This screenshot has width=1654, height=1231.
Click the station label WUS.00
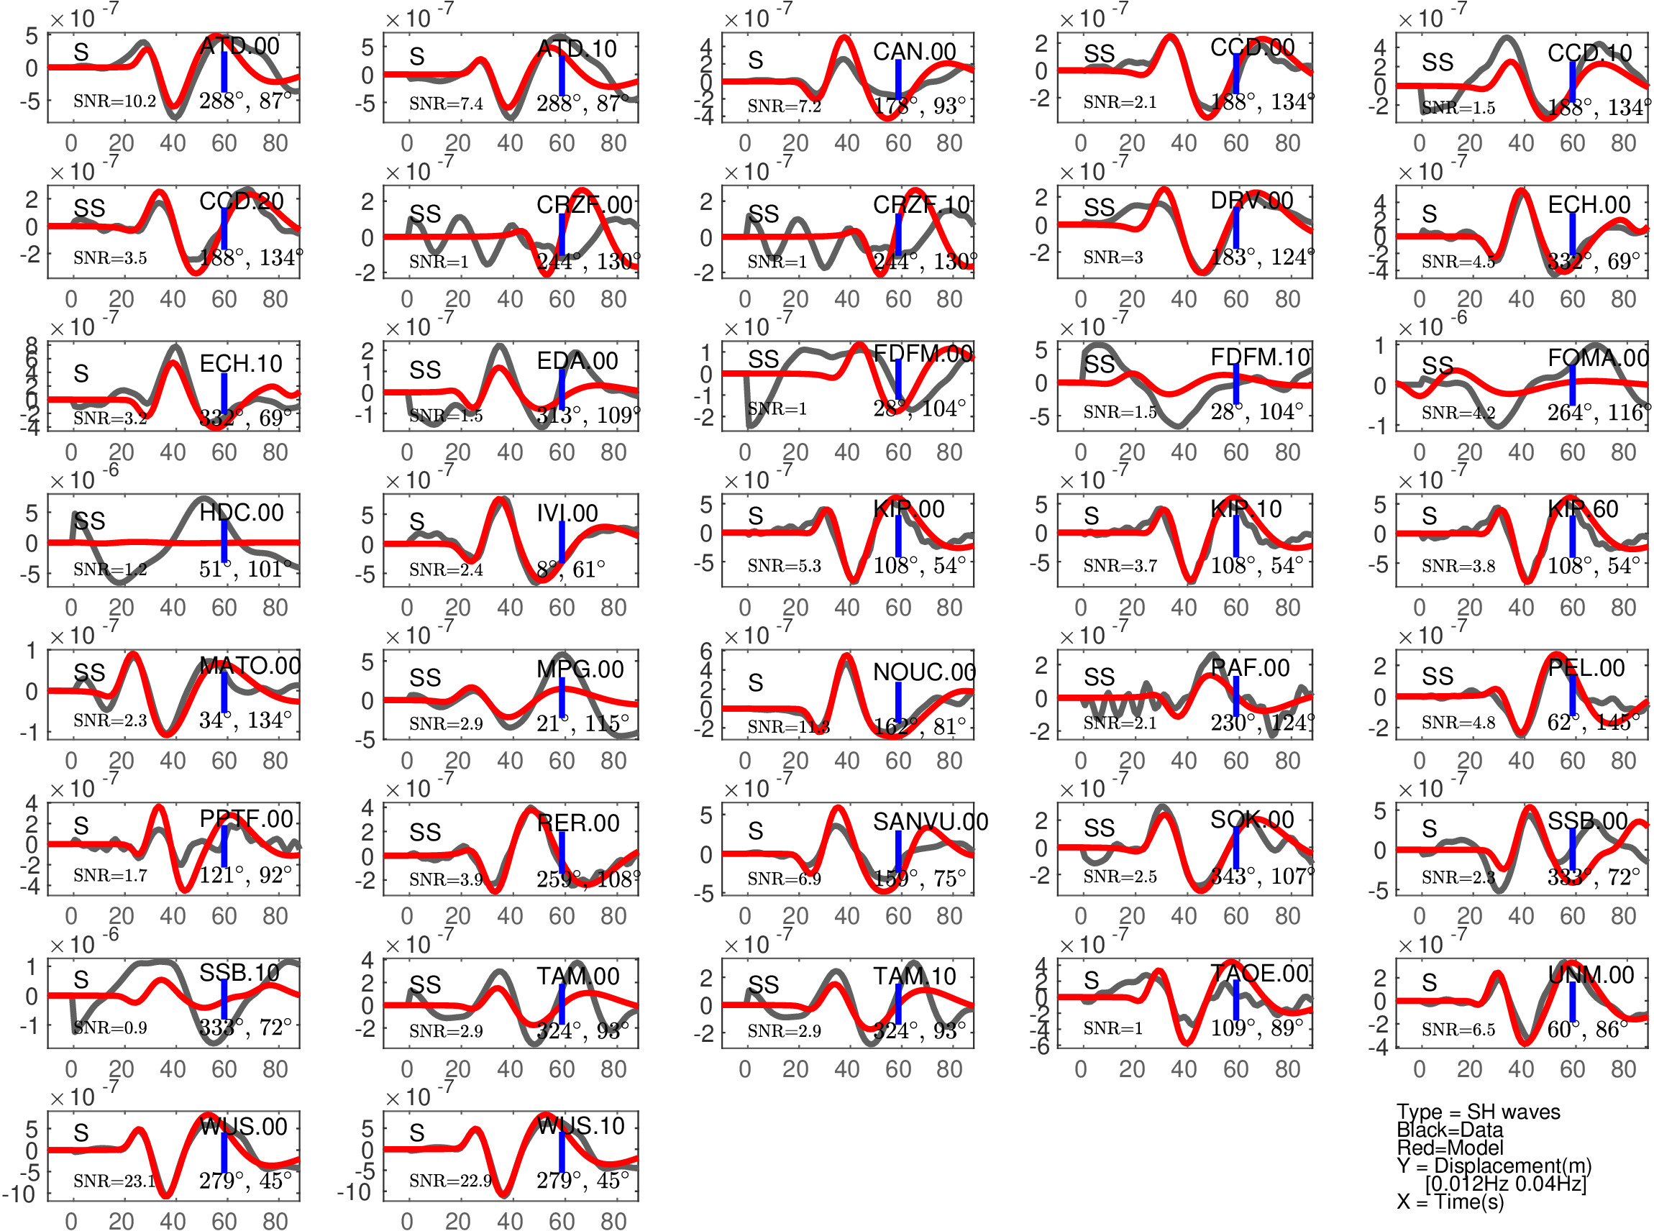tap(243, 1126)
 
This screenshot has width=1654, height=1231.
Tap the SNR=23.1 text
tap(114, 1181)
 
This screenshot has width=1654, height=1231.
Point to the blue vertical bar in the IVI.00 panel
tap(562, 541)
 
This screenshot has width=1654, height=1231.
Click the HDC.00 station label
tap(242, 513)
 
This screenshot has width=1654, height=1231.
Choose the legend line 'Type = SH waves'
tap(1478, 1112)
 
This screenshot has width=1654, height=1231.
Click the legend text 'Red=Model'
tap(1450, 1148)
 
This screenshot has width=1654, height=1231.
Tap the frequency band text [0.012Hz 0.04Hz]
tap(1506, 1184)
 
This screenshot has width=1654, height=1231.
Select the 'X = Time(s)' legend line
tap(1450, 1202)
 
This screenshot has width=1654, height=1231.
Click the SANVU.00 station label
tap(930, 822)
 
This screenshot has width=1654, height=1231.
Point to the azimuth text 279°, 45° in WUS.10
tap(582, 1181)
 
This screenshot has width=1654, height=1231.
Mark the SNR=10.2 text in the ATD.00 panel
tap(114, 101)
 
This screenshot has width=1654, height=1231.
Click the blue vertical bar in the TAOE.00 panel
tap(1236, 999)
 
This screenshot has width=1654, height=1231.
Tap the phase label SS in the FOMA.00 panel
tap(1438, 366)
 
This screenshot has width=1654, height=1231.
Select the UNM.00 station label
tap(1591, 975)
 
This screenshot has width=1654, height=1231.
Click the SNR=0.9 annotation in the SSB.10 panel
tap(110, 1028)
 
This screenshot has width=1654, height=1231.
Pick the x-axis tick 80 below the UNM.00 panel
tap(1624, 1069)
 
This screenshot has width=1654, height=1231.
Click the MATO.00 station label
tap(250, 665)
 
